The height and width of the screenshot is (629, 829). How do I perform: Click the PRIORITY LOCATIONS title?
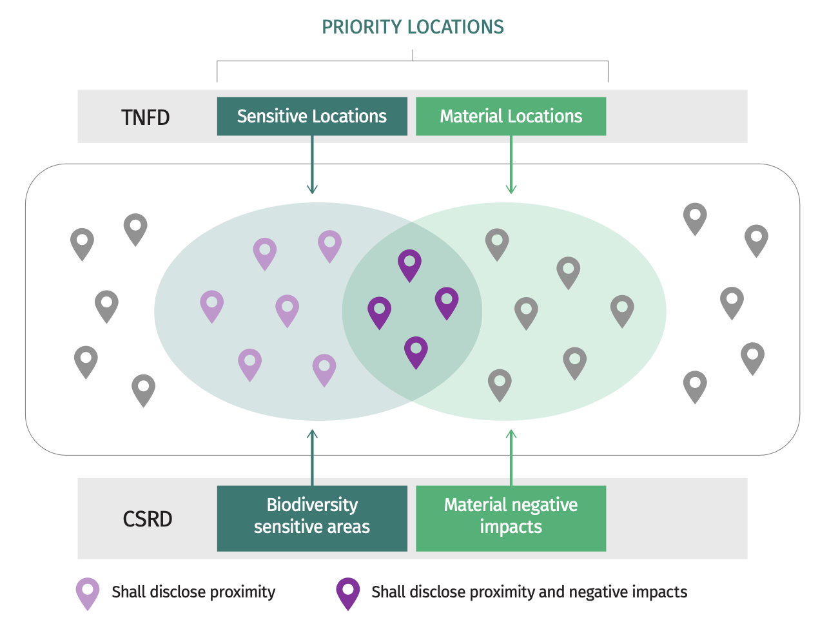click(413, 27)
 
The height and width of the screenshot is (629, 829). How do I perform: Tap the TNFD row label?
click(146, 117)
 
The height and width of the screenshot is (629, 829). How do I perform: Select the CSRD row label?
click(148, 519)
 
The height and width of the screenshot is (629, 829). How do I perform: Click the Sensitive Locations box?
click(312, 117)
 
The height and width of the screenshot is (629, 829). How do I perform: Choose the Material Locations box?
click(511, 117)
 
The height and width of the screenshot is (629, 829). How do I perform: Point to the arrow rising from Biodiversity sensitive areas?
click(312, 458)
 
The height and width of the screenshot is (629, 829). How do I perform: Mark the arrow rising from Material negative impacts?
click(511, 458)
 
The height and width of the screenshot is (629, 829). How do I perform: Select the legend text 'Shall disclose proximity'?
click(193, 592)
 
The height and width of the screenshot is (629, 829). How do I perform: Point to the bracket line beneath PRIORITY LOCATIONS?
click(413, 61)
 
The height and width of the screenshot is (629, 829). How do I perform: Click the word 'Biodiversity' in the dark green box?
click(312, 505)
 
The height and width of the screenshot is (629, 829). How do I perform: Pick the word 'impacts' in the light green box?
click(511, 527)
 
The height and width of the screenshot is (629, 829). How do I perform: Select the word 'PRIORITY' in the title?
click(362, 27)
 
